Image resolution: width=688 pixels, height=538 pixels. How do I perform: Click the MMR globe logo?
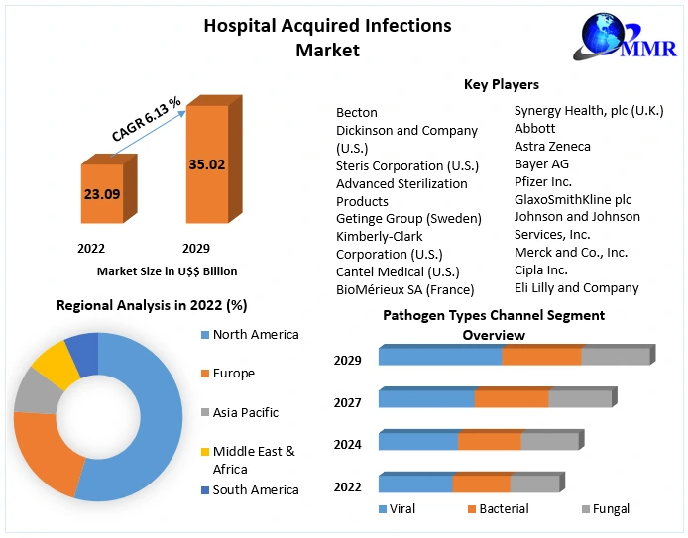coord(605,37)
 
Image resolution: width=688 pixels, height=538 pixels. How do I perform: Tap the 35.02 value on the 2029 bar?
coord(207,164)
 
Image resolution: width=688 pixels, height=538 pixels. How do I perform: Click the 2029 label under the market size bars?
coord(196,248)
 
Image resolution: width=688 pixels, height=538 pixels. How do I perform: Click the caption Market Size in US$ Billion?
coord(167,270)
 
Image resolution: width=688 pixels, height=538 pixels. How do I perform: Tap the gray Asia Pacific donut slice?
coord(35,393)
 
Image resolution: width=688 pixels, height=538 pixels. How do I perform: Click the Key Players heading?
coord(502,85)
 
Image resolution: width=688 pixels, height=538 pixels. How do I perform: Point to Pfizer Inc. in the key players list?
coord(542,181)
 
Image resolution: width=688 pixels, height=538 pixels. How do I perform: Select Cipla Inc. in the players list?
coord(540,269)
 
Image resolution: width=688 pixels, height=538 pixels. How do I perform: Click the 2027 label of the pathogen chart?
coord(347,402)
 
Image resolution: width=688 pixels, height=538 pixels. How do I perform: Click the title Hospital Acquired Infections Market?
coord(327,37)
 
